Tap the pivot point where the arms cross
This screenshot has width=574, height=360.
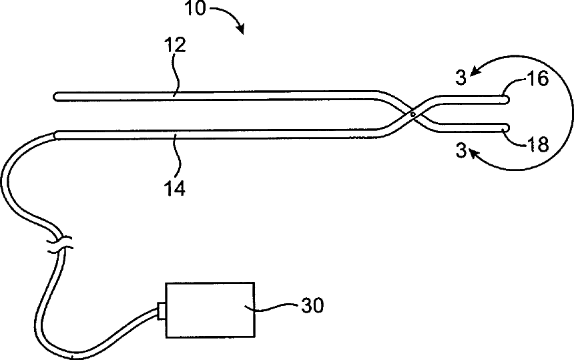(414, 114)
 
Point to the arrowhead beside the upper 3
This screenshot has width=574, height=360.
(474, 68)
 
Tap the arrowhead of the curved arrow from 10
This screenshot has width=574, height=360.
(240, 29)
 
